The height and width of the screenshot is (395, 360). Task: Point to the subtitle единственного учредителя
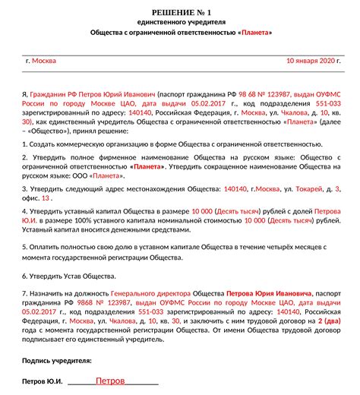coord(180,22)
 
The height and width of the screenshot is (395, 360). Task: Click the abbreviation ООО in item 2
coord(80,174)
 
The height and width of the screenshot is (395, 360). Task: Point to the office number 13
coord(46,197)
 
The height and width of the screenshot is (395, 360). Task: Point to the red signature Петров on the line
coord(112,380)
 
